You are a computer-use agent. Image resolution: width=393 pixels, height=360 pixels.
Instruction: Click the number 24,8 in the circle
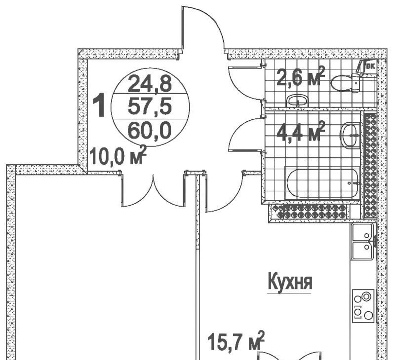[x=150, y=83]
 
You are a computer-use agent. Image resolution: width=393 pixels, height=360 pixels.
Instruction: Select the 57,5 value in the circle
[x=150, y=106]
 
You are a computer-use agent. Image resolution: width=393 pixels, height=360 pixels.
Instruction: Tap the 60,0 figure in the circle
[x=150, y=131]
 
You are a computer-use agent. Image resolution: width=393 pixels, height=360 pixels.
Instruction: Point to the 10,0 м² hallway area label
[x=118, y=155]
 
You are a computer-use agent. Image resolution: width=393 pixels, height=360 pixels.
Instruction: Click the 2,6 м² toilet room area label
[x=300, y=76]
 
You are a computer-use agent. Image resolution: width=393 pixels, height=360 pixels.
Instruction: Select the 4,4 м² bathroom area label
[x=300, y=132]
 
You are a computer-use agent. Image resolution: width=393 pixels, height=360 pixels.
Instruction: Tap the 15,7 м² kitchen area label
[x=236, y=341]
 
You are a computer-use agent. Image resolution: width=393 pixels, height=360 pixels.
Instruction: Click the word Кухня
[x=290, y=282]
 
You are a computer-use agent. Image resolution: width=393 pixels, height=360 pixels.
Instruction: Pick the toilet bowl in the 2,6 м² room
[x=346, y=83]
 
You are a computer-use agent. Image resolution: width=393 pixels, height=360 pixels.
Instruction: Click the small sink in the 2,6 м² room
[x=298, y=101]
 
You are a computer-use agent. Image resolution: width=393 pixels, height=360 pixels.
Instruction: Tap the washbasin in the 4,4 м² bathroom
[x=350, y=135]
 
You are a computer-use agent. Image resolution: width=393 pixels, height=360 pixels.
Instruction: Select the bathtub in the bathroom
[x=323, y=183]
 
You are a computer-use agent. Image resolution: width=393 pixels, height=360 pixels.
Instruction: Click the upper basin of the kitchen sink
[x=362, y=233]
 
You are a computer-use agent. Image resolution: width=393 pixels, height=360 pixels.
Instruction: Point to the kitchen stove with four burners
[x=363, y=306]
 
